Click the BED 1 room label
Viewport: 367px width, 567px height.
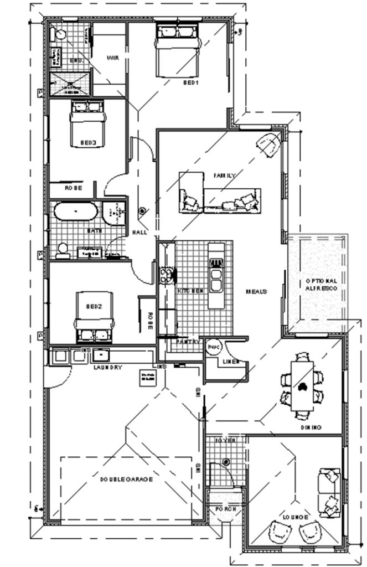(x=191, y=83)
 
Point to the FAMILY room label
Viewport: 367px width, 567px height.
(x=225, y=176)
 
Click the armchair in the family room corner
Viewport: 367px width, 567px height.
(x=270, y=145)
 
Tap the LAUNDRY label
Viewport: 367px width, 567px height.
(x=108, y=367)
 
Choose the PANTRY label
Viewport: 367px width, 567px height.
(x=188, y=342)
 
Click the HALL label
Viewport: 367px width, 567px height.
(x=139, y=233)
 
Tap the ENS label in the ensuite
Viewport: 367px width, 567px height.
(x=76, y=59)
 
